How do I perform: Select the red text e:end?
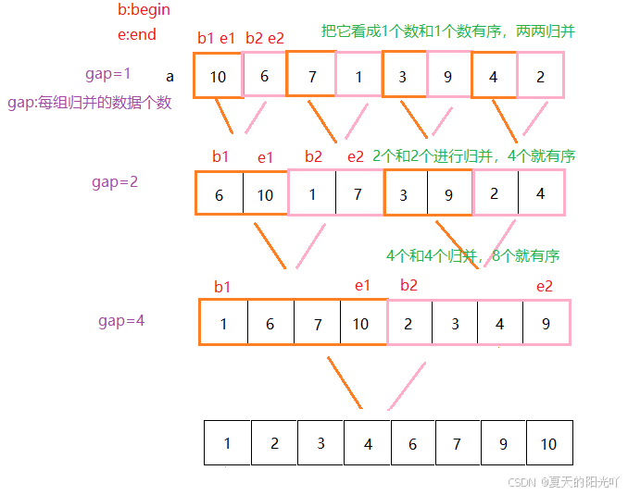pos(135,35)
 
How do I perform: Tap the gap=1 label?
pos(108,73)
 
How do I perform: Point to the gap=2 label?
pos(115,181)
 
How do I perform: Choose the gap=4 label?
pos(121,321)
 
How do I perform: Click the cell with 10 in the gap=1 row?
pos(218,77)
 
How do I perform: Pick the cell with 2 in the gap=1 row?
pos(540,77)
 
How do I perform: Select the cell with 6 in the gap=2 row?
pos(220,194)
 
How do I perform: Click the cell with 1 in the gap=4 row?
pos(223,324)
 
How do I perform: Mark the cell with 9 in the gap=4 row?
pos(546,324)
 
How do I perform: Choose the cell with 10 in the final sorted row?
pos(549,444)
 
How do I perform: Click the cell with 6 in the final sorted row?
pos(412,444)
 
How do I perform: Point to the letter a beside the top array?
pos(170,76)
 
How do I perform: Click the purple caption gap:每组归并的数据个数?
pos(90,103)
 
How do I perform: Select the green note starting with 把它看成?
pos(448,31)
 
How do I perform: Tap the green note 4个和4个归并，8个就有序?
pos(472,255)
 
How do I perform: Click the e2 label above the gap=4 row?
pos(545,286)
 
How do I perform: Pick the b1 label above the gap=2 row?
pos(220,156)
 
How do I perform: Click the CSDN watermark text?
pos(565,482)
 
